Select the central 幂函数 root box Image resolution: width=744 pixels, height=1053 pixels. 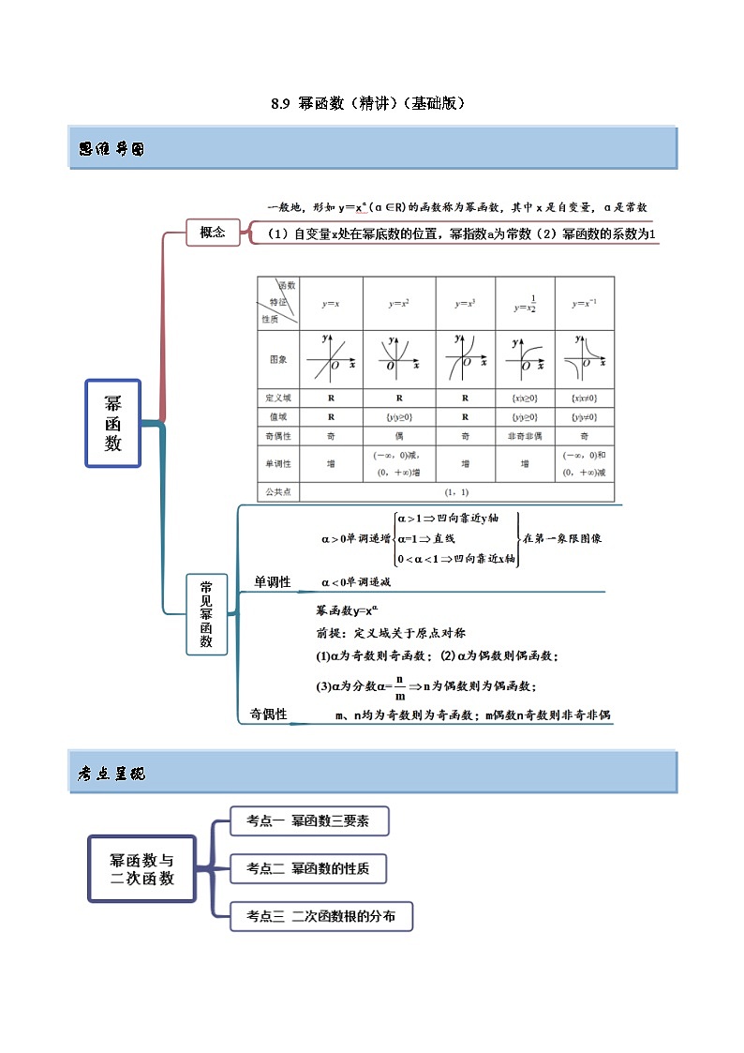click(x=113, y=423)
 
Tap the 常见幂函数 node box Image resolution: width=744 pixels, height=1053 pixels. click(x=206, y=614)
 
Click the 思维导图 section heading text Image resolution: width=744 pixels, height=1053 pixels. click(x=112, y=149)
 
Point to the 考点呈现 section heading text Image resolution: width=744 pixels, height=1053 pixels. click(x=112, y=774)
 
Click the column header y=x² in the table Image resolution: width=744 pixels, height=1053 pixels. click(x=398, y=303)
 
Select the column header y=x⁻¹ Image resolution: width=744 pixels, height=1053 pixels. click(x=584, y=303)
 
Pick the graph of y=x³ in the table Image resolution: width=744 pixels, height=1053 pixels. click(x=465, y=358)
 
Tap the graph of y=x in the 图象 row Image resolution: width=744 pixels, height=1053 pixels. click(x=331, y=358)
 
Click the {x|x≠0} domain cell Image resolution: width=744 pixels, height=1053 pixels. click(x=584, y=398)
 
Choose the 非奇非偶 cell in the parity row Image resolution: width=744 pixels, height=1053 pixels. click(x=524, y=436)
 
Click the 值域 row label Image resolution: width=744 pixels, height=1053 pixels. click(x=278, y=416)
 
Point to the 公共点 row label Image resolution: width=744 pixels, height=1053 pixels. click(x=278, y=491)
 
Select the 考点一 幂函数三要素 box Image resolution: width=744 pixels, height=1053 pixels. click(x=308, y=820)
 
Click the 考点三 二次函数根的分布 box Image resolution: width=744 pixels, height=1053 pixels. click(x=320, y=916)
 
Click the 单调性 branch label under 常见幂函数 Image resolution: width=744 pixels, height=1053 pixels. click(x=272, y=582)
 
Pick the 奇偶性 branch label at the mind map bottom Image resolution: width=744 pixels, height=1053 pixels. click(x=268, y=715)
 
